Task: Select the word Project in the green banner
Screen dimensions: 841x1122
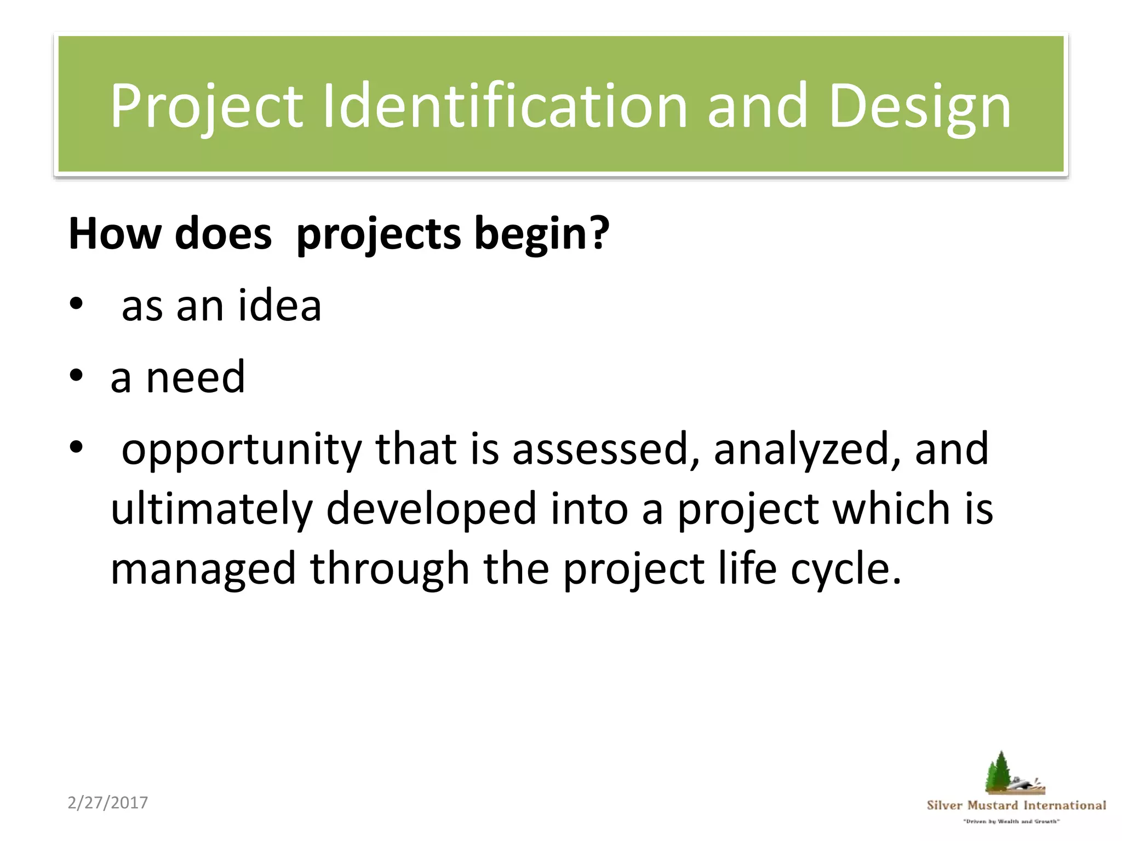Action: (x=206, y=107)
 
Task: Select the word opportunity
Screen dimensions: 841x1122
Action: (x=241, y=450)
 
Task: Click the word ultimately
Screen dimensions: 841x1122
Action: (x=211, y=509)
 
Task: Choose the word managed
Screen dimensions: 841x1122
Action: (x=203, y=569)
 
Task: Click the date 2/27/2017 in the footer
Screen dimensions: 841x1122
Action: (x=108, y=803)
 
